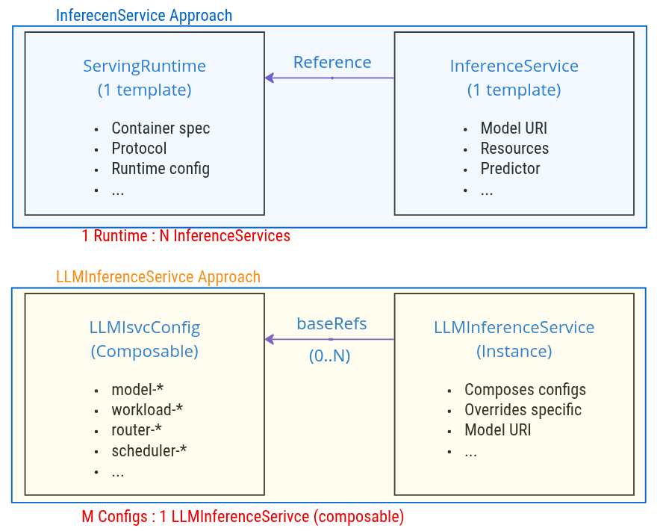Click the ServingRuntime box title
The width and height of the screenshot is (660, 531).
[144, 66]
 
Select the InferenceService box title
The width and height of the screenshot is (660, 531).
[514, 66]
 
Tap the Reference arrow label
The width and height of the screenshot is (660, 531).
[332, 62]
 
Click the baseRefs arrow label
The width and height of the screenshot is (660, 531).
[331, 323]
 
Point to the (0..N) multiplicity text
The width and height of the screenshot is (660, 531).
[329, 356]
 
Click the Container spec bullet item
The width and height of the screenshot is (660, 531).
[161, 128]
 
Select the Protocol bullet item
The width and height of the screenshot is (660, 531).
[139, 149]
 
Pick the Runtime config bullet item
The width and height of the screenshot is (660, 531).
[161, 169]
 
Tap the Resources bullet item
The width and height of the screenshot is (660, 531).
[514, 149]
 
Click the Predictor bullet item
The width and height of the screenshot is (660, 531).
[510, 169]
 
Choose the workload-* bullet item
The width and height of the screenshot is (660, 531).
[147, 410]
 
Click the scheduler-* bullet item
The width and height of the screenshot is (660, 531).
[149, 450]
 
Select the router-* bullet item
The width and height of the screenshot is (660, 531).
[137, 430]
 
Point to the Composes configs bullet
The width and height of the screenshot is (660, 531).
[525, 390]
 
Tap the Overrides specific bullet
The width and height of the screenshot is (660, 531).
[523, 410]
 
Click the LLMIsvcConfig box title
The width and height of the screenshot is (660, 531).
[144, 327]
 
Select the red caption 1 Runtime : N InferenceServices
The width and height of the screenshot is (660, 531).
[186, 236]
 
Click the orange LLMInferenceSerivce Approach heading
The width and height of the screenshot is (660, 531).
[158, 277]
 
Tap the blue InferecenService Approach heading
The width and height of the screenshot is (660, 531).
[144, 16]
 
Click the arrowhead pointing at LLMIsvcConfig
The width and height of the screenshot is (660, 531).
[270, 340]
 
